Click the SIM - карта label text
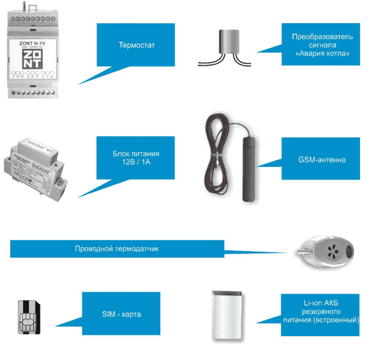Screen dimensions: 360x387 pos(121,314)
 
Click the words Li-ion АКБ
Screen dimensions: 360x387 pos(323,302)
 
